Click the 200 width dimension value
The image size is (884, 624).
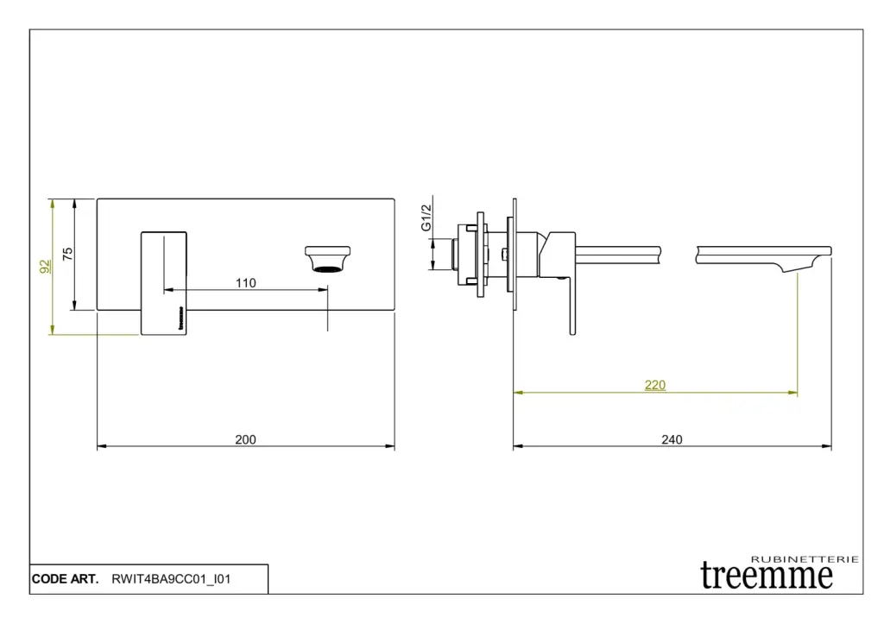tap(245, 439)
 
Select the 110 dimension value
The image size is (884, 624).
tap(246, 282)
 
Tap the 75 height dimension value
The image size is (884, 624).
tap(67, 254)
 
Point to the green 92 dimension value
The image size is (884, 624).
tap(45, 267)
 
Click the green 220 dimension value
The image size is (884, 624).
tap(655, 385)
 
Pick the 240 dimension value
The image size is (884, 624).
tap(672, 439)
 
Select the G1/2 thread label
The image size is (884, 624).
tap(426, 217)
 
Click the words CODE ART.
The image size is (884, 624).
tap(65, 579)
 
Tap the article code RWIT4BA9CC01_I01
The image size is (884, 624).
tap(171, 579)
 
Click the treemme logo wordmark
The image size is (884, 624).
tap(767, 576)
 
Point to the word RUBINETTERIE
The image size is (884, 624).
tap(805, 559)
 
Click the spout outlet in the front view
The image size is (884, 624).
tap(327, 259)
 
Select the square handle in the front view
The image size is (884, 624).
tap(163, 283)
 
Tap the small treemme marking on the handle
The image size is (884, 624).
tap(181, 318)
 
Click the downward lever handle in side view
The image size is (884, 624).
tap(572, 305)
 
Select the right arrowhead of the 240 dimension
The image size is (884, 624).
tap(827, 446)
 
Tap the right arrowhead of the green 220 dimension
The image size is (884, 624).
tap(793, 393)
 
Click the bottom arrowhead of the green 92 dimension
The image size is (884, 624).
tap(53, 330)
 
